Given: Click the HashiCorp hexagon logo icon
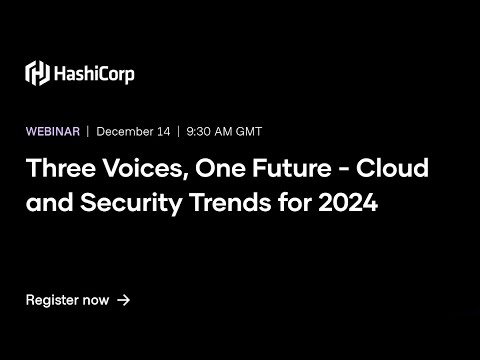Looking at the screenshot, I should pos(37,73).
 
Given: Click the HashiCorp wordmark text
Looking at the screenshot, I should pos(95,73).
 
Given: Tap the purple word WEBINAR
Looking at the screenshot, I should pos(53,131).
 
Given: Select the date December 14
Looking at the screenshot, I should pos(133,131).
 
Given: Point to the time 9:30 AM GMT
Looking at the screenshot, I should pos(225,131).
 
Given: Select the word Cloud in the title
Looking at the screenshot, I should pos(394,167).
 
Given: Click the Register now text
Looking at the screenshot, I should pos(67,299).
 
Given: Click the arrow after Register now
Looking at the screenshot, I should pos(123,299).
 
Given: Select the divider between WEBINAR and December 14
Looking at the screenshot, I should pos(88,131).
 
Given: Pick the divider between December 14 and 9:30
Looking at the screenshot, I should pos(178,131).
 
